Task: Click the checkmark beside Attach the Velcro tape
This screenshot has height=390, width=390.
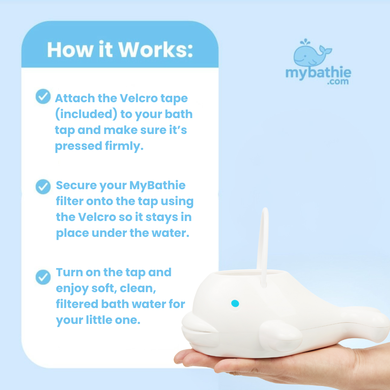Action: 43,96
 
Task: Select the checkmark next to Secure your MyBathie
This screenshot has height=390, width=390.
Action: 43,187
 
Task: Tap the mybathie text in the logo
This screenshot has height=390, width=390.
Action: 318,72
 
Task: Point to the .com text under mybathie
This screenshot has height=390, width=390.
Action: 338,82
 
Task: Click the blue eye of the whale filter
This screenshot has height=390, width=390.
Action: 235,303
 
